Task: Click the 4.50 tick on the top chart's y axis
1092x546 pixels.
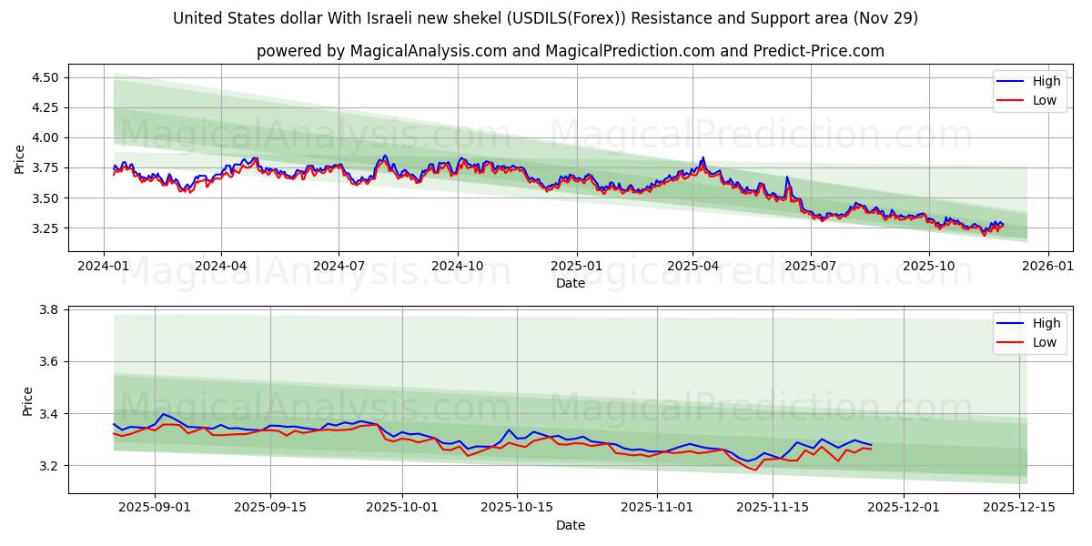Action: point(45,77)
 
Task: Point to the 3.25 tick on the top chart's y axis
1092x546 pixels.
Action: point(45,227)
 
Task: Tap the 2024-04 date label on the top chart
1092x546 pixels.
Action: point(221,267)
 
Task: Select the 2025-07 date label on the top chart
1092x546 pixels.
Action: point(810,267)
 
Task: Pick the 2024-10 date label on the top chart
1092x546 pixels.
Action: point(457,267)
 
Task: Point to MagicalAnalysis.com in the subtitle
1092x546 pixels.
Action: point(429,51)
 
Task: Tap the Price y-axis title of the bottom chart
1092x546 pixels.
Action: point(27,401)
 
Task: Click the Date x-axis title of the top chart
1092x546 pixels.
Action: point(571,283)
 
